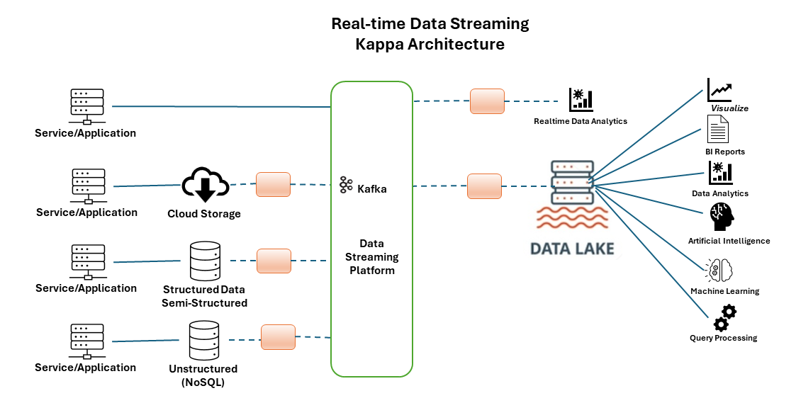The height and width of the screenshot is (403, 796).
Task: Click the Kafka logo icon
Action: tap(346, 185)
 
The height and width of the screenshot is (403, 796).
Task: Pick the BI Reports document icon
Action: tap(717, 130)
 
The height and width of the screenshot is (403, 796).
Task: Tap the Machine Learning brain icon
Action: tap(719, 271)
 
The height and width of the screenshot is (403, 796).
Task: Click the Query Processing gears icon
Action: tap(724, 318)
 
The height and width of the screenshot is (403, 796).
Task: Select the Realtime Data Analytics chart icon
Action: tap(581, 100)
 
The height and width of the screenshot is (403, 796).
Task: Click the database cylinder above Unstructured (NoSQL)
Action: tap(204, 341)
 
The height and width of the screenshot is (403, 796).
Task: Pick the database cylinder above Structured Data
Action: tap(206, 261)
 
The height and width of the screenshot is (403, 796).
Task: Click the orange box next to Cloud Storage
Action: tap(273, 185)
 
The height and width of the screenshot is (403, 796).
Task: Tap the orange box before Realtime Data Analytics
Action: tap(487, 101)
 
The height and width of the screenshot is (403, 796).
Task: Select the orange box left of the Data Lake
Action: tap(484, 186)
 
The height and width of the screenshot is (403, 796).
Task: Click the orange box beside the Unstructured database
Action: tap(278, 337)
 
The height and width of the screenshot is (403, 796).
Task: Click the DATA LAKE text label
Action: tap(573, 249)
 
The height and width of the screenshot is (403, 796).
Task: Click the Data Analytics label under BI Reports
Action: tap(719, 193)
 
